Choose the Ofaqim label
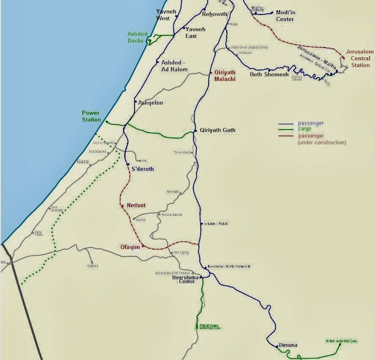tap(131, 246)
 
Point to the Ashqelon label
tap(151, 102)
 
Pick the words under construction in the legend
tap(322, 142)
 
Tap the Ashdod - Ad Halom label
tap(175, 66)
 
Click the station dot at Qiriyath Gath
tap(195, 131)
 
